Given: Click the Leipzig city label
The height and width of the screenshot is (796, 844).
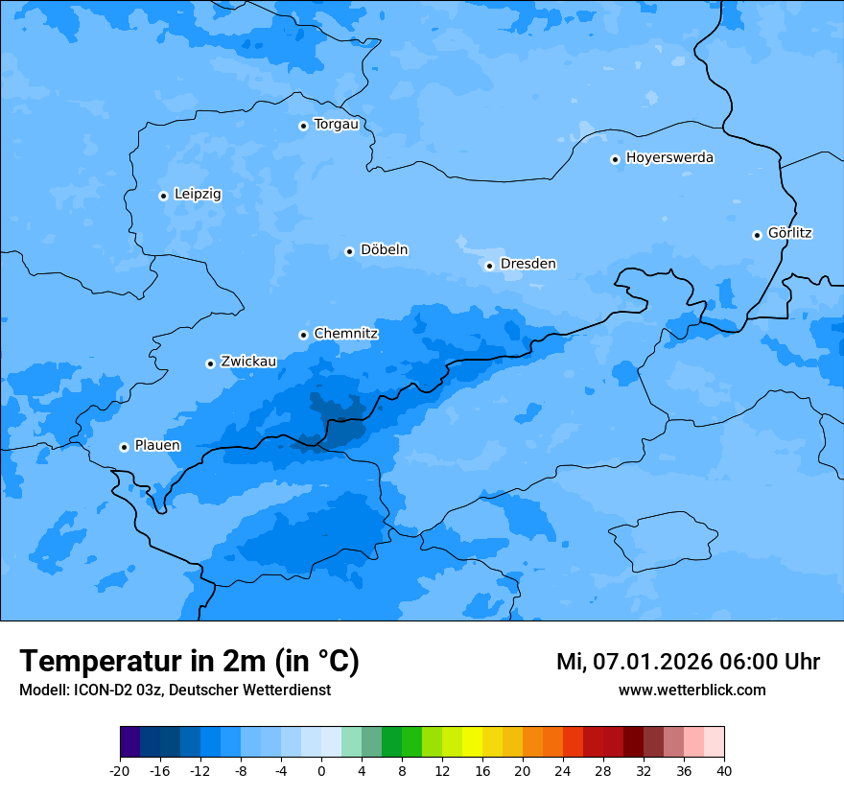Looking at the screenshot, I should click(x=198, y=194).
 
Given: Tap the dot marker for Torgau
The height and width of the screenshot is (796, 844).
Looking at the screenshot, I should click(x=303, y=126).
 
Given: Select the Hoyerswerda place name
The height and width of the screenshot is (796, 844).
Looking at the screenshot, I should click(x=669, y=157).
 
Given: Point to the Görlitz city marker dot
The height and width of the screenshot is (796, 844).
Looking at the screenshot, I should click(x=757, y=235).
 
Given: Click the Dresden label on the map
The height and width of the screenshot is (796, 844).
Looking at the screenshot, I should click(x=527, y=264).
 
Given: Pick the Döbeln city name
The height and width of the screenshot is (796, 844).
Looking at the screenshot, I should click(x=384, y=250).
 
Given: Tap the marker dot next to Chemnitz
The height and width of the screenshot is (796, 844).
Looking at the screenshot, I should click(x=303, y=335).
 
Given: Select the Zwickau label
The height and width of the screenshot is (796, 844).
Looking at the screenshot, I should click(x=248, y=362).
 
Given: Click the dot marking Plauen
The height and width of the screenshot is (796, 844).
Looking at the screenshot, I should click(x=124, y=447).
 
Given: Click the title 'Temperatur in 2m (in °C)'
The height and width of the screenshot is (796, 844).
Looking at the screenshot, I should click(x=189, y=661).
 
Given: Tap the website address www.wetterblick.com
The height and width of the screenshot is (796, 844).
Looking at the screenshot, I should click(x=692, y=690).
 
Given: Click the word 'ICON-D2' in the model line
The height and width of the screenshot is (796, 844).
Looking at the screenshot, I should click(x=95, y=690).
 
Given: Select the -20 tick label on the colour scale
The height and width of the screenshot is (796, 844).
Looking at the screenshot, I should click(x=120, y=771).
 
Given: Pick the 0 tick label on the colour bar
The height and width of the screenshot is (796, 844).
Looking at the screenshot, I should click(x=321, y=771).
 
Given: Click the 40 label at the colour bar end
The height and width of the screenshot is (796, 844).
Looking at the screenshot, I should click(x=723, y=771).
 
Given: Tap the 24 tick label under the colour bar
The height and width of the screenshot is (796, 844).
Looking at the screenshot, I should click(x=563, y=771).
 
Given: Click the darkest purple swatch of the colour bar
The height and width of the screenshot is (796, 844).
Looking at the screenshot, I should click(x=129, y=742).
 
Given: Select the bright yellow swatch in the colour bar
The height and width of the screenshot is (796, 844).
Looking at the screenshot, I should click(x=472, y=742).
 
